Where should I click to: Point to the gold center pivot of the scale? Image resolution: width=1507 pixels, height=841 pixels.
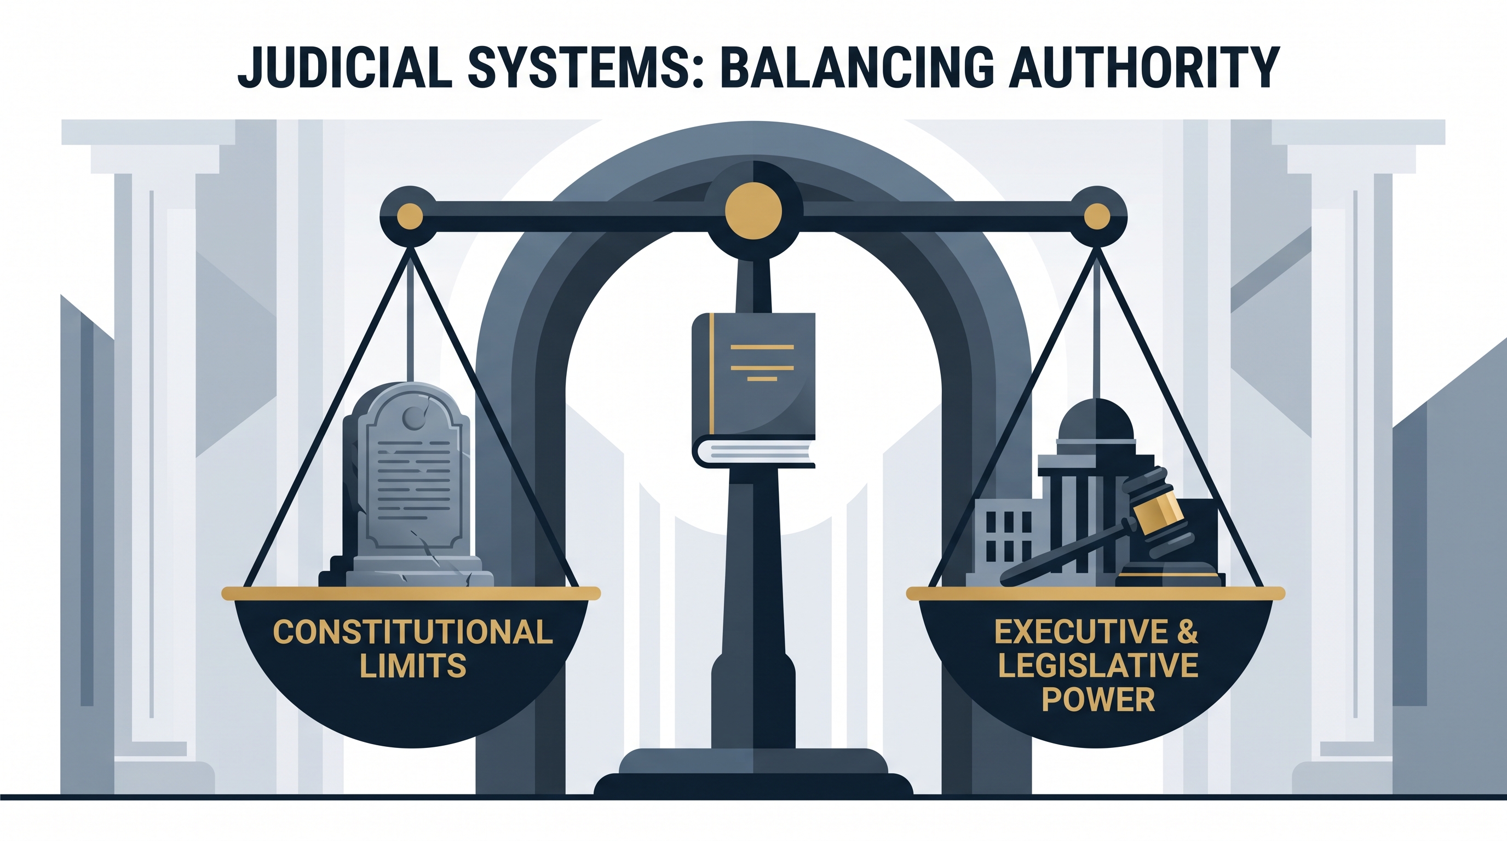coord(753,211)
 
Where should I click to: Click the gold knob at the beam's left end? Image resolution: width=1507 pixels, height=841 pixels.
coord(410,216)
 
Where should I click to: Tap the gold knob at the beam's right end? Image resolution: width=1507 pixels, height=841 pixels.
coord(1097,216)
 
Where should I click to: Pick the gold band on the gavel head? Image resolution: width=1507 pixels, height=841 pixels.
coord(1158,514)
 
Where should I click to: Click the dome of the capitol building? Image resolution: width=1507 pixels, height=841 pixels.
coord(1096,420)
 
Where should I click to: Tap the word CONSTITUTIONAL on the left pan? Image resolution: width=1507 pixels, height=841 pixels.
coord(413,632)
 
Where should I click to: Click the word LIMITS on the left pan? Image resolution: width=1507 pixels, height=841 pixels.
coord(413,666)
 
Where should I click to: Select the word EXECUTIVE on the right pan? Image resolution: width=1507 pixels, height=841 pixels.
coord(1082,632)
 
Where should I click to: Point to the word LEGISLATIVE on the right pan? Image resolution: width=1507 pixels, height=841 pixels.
coord(1098,666)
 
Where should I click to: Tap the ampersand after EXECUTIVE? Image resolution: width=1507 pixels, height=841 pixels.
coord(1188,632)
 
